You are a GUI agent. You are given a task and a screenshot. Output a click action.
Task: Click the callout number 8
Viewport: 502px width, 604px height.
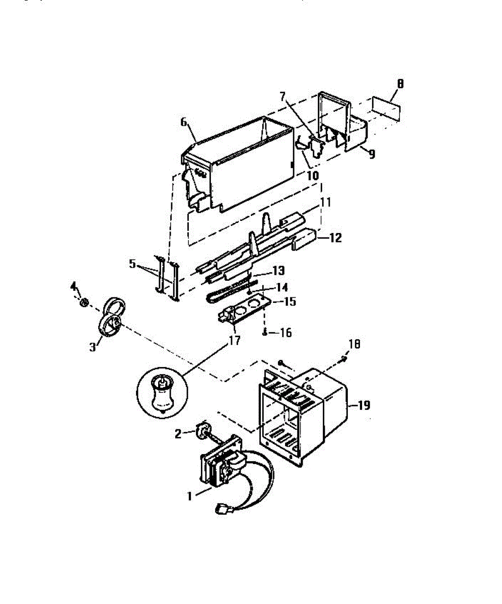399,85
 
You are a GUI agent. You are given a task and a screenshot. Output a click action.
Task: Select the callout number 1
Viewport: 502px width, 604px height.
189,496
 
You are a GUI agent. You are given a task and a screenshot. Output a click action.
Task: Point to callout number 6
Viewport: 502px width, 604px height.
183,121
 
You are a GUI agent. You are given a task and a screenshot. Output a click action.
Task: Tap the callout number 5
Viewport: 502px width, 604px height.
132,263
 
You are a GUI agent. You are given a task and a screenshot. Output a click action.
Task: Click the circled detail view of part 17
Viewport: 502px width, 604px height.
162,391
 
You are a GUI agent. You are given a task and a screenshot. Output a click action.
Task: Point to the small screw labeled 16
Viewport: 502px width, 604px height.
265,332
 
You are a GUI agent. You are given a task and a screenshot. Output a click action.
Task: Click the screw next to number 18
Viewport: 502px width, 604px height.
343,359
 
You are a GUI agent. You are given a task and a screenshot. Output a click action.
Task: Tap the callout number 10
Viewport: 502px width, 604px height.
312,176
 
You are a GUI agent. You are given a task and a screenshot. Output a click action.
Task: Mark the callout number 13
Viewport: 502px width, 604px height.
278,271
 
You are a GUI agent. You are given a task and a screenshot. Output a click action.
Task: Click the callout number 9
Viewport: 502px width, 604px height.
371,155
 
